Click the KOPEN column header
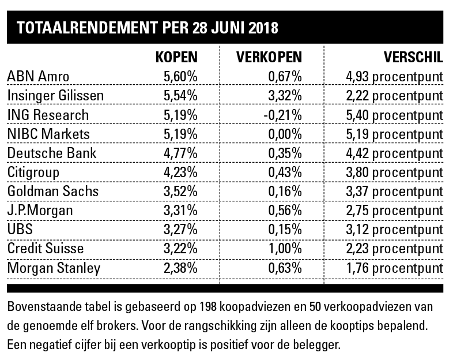(177, 57)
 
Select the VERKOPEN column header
(269, 57)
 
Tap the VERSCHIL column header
(413, 57)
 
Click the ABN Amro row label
(39, 76)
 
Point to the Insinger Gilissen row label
(55, 96)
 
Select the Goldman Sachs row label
(53, 191)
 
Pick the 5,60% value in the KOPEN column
(180, 76)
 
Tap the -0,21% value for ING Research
(282, 115)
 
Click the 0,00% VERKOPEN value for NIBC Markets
(285, 134)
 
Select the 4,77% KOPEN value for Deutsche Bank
(180, 153)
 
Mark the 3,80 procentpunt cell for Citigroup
(392, 172)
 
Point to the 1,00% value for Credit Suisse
(285, 249)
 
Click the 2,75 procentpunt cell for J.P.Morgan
(392, 210)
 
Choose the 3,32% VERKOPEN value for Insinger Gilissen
(285, 96)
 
